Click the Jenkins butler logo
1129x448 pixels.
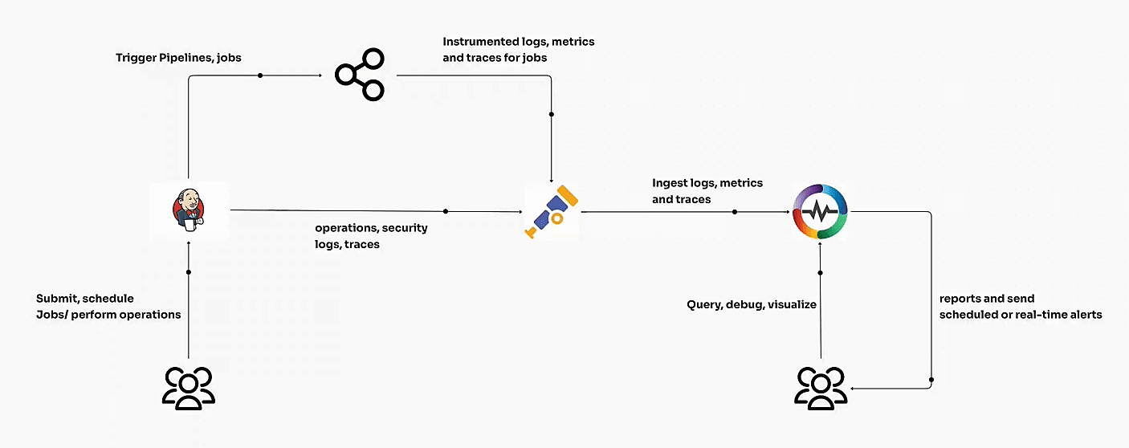[189, 210]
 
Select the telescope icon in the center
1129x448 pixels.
[552, 212]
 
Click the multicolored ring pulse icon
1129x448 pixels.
[820, 212]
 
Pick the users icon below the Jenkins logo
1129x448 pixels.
[189, 389]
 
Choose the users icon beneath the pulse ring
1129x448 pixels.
[821, 389]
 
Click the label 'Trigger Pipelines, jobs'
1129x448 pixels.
[177, 58]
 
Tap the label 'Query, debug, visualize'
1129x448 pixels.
[752, 304]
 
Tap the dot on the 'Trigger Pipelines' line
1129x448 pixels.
[260, 75]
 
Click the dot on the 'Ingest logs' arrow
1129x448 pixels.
[735, 212]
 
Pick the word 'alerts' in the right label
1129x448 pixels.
[1084, 315]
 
